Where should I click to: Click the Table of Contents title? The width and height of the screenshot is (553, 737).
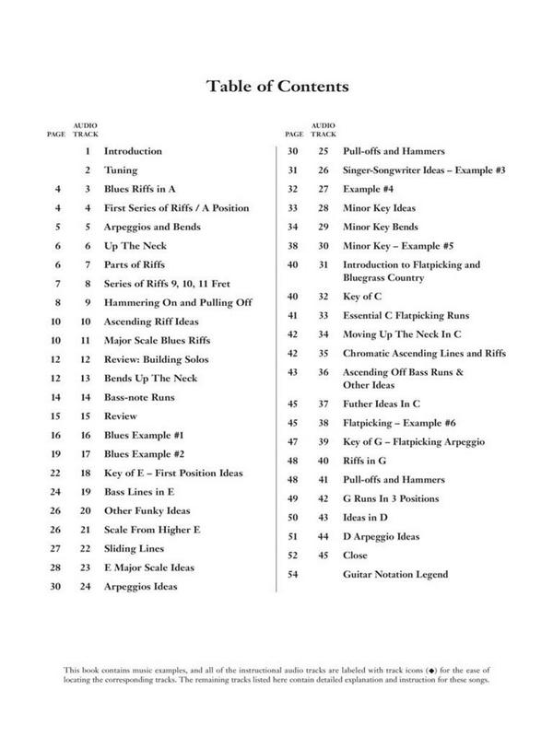coord(276,88)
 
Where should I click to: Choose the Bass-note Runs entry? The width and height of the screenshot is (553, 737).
coord(139,396)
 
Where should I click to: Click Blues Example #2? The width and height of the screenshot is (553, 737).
coord(145,453)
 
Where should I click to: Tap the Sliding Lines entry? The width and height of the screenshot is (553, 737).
coord(135,547)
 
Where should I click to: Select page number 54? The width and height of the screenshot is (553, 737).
coord(292,574)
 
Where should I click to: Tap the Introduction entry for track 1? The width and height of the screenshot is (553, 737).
coord(133,150)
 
